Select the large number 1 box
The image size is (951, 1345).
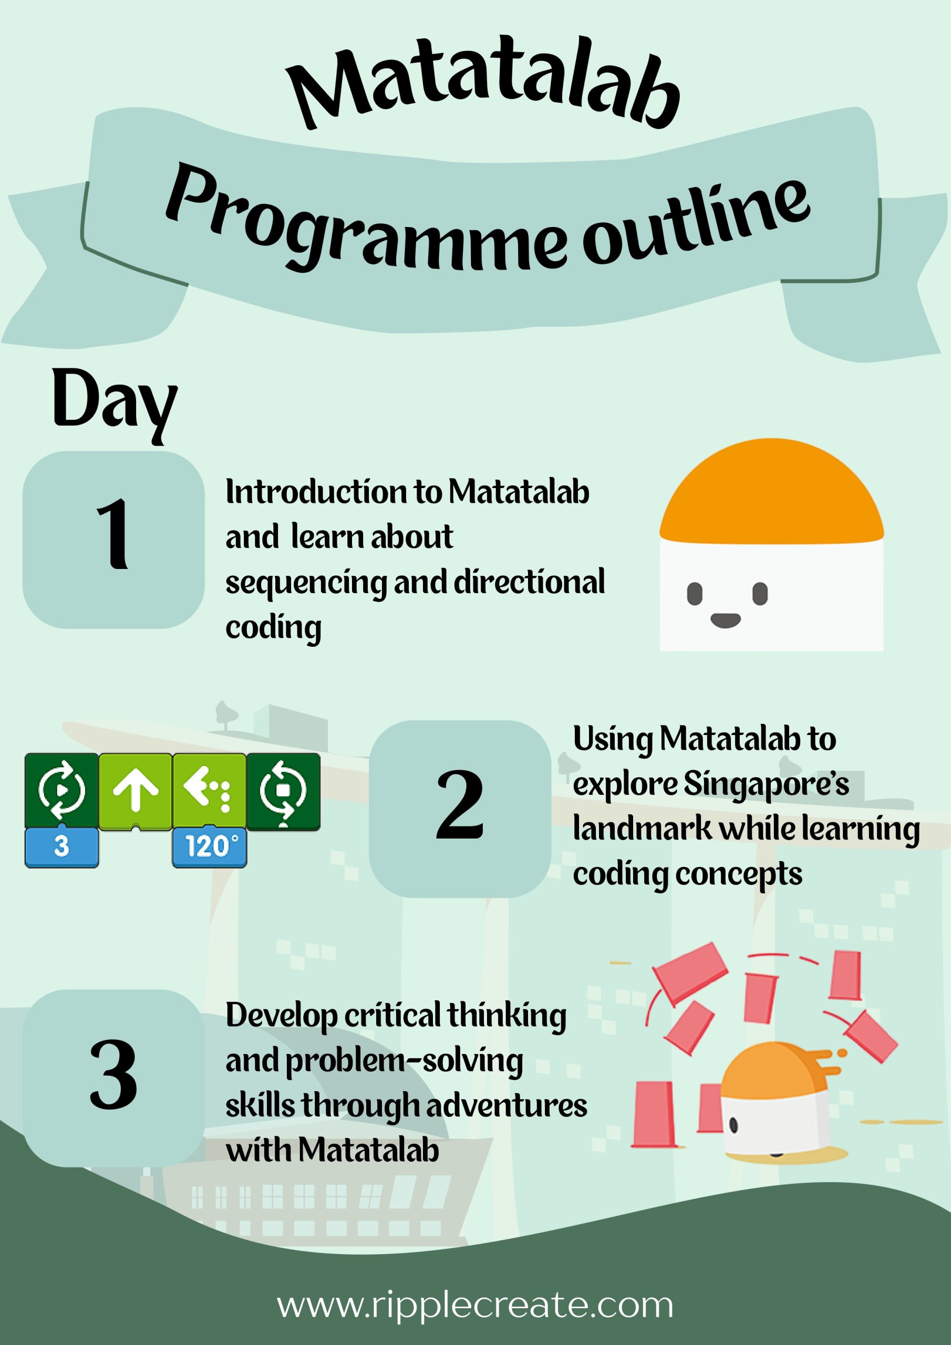click(113, 540)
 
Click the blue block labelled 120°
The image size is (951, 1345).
click(209, 847)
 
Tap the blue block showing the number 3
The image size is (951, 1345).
click(61, 847)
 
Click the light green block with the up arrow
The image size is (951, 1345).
click(136, 791)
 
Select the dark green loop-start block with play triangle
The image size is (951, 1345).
click(61, 791)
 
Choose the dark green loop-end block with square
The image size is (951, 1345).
click(283, 791)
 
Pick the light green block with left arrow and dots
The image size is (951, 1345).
click(209, 791)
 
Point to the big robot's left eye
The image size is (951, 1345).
click(695, 594)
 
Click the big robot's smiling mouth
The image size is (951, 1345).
click(726, 620)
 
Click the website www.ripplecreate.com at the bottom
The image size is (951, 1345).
click(475, 1305)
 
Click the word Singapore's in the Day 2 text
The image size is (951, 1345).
click(767, 785)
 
